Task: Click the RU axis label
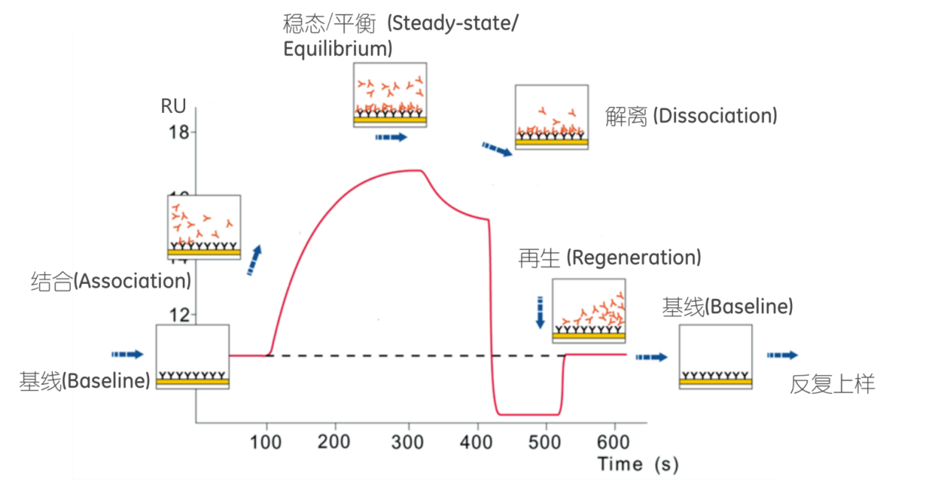[x=173, y=106]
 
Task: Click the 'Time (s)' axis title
[x=638, y=465]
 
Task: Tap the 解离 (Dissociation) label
[x=691, y=116]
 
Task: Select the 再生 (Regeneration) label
[x=610, y=258]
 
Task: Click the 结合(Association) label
[x=111, y=282]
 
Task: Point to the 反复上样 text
[x=833, y=383]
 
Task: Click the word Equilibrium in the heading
[x=337, y=49]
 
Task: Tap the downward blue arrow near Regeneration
[x=540, y=312]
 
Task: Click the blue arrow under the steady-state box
[x=390, y=137]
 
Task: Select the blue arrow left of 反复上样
[x=782, y=355]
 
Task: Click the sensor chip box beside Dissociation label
[x=552, y=117]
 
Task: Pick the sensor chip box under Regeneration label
[x=589, y=310]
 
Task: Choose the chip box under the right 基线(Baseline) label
[x=715, y=357]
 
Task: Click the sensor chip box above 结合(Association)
[x=204, y=228]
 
